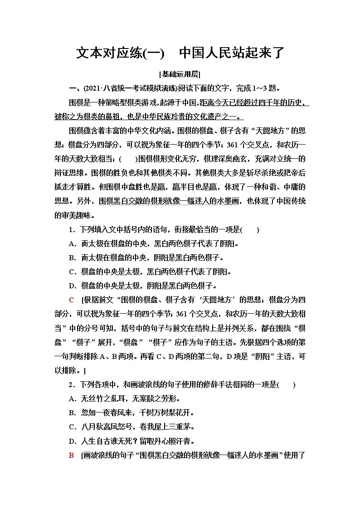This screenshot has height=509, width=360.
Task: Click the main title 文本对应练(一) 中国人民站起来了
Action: click(x=180, y=53)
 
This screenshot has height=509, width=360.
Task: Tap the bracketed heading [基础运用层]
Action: click(x=180, y=74)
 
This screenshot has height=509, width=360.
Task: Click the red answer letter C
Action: click(x=71, y=299)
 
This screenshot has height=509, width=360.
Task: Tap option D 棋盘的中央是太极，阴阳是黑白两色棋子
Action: click(x=142, y=286)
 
